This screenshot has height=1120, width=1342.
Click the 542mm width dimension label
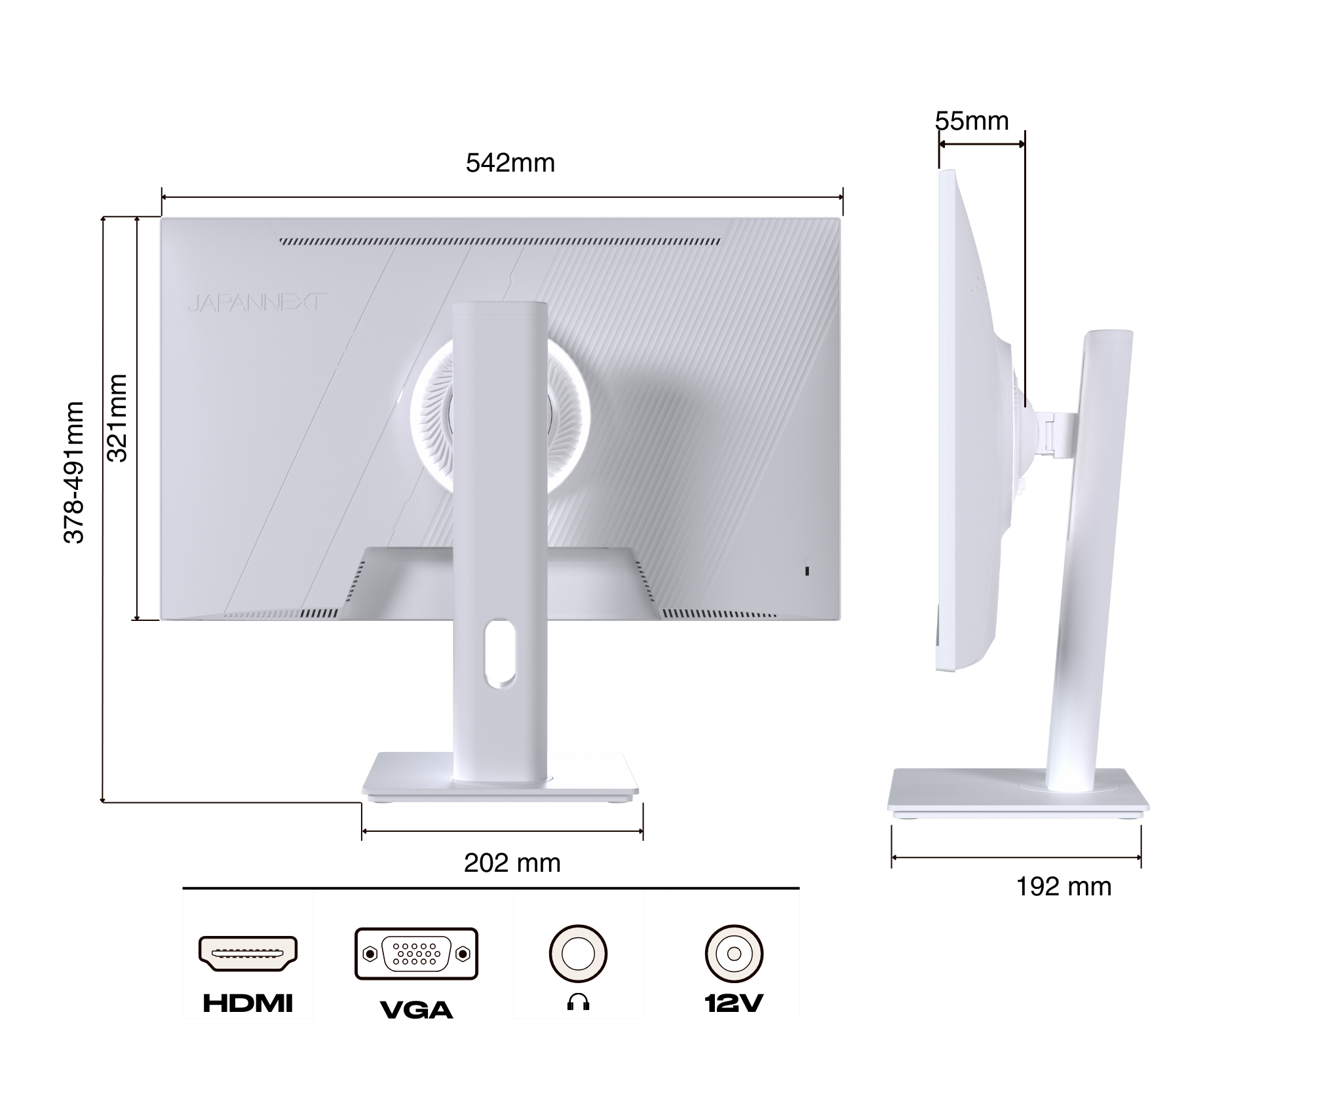510,163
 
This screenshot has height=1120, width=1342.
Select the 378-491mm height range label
74,472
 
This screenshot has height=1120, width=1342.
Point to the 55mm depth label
971,121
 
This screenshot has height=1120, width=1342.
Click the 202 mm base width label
512,863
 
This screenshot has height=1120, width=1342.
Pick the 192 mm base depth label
1063,886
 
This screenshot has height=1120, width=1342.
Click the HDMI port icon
248,953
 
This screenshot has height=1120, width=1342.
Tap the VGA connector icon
416,953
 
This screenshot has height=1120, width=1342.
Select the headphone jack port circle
578,953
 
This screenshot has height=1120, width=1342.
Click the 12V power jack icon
734,953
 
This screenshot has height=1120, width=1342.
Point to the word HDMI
248,1003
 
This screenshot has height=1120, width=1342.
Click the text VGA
416,1009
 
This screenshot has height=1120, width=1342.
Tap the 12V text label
734,1003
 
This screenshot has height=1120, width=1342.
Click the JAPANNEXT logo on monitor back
257,303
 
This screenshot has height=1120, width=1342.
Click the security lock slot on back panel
807,570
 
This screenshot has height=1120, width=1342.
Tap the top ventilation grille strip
500,242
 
